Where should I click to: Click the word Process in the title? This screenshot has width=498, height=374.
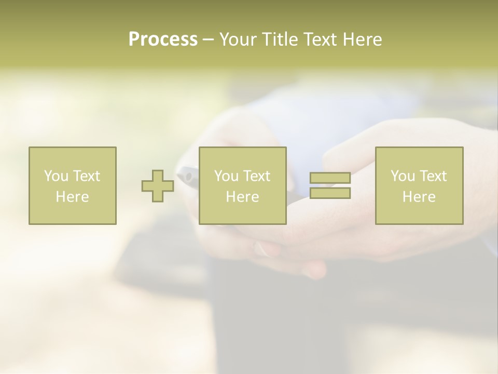pyautogui.click(x=163, y=39)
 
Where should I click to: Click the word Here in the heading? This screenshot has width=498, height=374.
pyautogui.click(x=363, y=39)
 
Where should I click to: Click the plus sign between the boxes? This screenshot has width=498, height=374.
pyautogui.click(x=158, y=186)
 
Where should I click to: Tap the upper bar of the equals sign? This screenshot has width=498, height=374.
pyautogui.click(x=330, y=178)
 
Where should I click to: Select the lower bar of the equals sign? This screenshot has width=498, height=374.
pyautogui.click(x=330, y=193)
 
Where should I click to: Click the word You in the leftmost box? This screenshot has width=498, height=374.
pyautogui.click(x=56, y=176)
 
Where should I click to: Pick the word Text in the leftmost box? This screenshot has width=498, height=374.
pyautogui.click(x=86, y=176)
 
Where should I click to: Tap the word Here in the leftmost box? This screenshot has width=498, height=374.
pyautogui.click(x=72, y=197)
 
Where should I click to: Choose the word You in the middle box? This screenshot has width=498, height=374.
pyautogui.click(x=226, y=176)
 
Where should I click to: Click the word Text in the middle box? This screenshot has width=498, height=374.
pyautogui.click(x=256, y=176)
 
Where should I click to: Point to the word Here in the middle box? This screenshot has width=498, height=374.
pyautogui.click(x=242, y=197)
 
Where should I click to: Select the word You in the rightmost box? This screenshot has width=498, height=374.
pyautogui.click(x=403, y=176)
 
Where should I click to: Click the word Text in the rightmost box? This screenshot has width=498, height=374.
pyautogui.click(x=433, y=176)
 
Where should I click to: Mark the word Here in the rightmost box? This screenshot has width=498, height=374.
pyautogui.click(x=419, y=197)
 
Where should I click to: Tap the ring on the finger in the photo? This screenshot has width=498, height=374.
pyautogui.click(x=262, y=250)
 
